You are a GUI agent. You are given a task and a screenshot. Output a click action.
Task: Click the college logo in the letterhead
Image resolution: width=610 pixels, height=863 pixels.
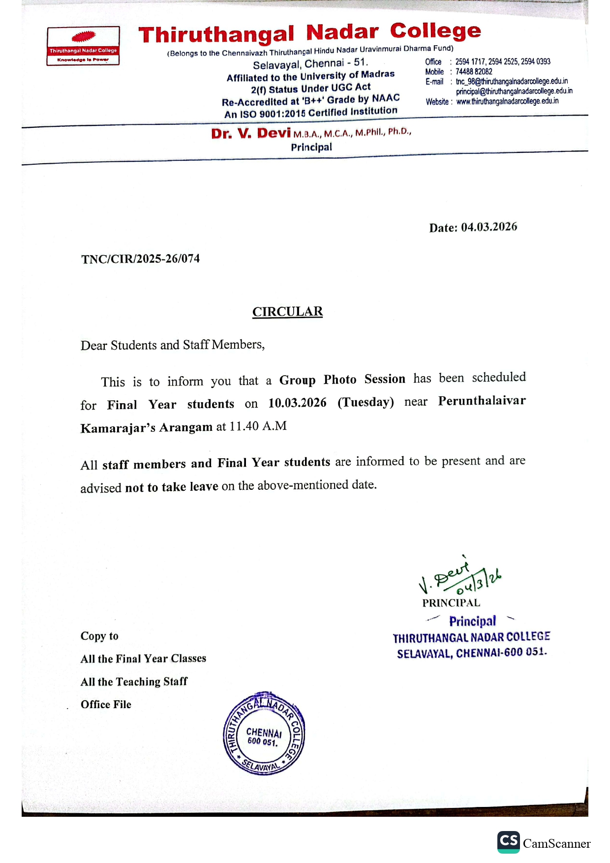(x=83, y=46)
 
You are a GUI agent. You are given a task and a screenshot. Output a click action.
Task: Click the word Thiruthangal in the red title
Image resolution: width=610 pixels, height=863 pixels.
(x=216, y=35)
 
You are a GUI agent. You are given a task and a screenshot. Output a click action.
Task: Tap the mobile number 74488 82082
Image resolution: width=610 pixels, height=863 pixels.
(x=474, y=72)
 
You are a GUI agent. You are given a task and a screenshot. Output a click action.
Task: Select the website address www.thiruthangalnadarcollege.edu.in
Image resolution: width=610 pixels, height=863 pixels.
(x=507, y=101)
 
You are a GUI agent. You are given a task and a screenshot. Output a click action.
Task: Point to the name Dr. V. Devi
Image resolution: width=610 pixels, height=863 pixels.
(x=251, y=133)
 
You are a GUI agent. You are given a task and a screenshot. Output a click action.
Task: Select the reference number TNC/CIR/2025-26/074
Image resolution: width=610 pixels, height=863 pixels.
(x=141, y=259)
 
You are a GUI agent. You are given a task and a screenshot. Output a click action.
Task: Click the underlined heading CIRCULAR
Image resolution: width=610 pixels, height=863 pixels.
(x=287, y=312)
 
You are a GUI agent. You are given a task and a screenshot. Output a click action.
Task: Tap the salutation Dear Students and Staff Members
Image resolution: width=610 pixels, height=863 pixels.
(x=172, y=345)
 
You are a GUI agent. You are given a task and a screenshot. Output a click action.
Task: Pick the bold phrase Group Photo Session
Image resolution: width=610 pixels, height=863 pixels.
(x=342, y=380)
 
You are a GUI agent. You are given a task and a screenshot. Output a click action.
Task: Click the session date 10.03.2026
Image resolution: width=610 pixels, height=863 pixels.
(x=297, y=403)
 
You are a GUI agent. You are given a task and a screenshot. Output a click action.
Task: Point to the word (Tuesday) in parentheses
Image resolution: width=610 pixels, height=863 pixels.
(x=366, y=402)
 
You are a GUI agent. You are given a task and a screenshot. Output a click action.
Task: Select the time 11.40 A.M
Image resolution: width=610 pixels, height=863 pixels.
(x=258, y=426)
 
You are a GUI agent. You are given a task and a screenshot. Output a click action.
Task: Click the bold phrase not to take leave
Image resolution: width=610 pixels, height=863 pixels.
(x=172, y=487)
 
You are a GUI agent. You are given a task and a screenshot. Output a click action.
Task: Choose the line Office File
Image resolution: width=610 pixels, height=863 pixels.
(x=106, y=705)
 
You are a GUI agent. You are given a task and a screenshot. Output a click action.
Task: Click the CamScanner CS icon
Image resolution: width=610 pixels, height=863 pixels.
(x=508, y=842)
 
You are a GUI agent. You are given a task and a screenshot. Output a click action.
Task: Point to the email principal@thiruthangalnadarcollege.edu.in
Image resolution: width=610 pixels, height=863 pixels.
(x=514, y=91)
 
